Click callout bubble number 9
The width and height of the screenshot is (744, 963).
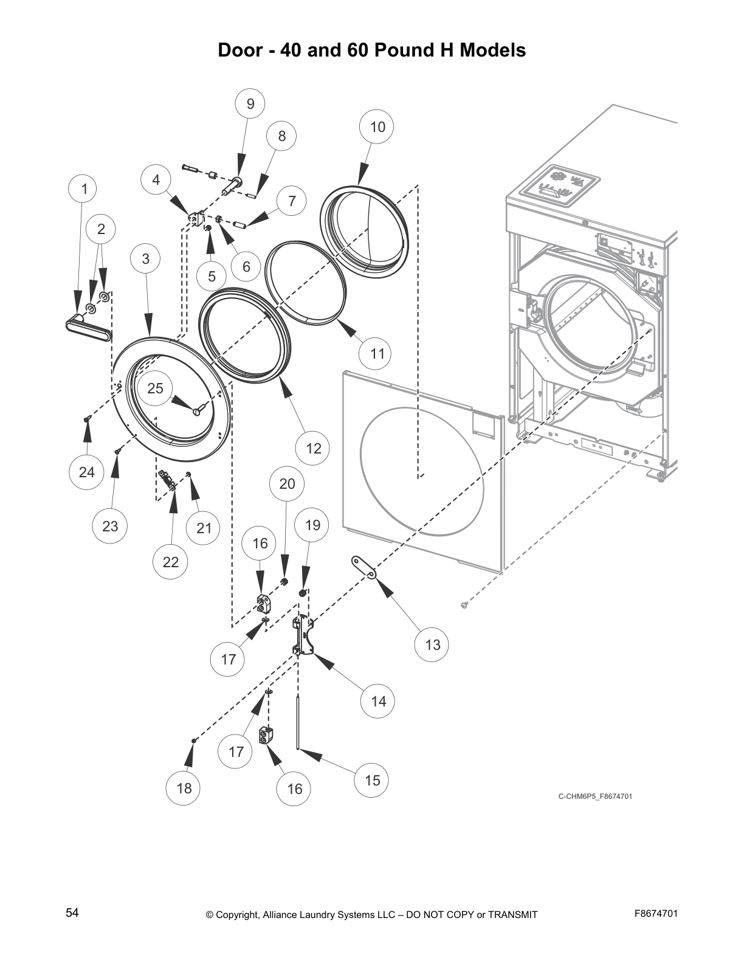(250, 104)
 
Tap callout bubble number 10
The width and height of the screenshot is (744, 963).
(377, 126)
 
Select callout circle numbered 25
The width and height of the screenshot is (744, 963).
(156, 388)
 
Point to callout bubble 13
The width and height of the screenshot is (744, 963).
(432, 644)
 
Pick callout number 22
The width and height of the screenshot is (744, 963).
(171, 562)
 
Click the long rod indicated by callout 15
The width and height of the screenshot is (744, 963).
(298, 723)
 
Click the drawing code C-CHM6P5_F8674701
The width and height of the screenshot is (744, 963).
(595, 796)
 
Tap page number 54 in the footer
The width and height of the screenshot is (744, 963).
(72, 913)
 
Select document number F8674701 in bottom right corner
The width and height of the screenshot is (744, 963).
(656, 913)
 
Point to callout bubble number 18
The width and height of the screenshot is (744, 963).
(184, 788)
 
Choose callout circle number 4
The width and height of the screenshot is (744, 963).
(156, 180)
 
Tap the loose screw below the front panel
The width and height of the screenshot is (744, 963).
(466, 604)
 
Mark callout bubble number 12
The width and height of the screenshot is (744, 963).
(313, 449)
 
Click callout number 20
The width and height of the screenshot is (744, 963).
(287, 483)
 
